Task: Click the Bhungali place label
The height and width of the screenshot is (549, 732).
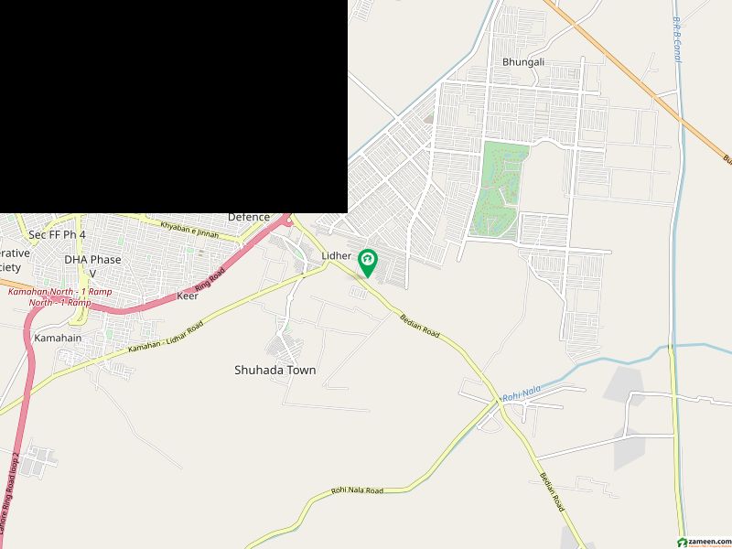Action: click(x=522, y=62)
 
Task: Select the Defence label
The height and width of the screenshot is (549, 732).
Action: click(x=249, y=217)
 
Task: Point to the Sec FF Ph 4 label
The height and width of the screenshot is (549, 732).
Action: click(x=57, y=235)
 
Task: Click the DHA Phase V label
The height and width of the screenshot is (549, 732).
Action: click(x=92, y=265)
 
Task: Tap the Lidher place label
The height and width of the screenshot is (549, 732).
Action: click(x=337, y=255)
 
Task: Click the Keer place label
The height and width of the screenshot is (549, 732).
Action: click(x=188, y=296)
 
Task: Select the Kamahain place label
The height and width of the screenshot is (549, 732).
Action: click(x=58, y=338)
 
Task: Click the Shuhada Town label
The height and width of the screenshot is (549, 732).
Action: click(x=274, y=370)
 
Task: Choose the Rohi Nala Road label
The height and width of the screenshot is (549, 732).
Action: click(x=358, y=490)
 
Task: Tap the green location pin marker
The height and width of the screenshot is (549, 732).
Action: click(x=368, y=263)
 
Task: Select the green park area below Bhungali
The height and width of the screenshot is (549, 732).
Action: click(x=499, y=188)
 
